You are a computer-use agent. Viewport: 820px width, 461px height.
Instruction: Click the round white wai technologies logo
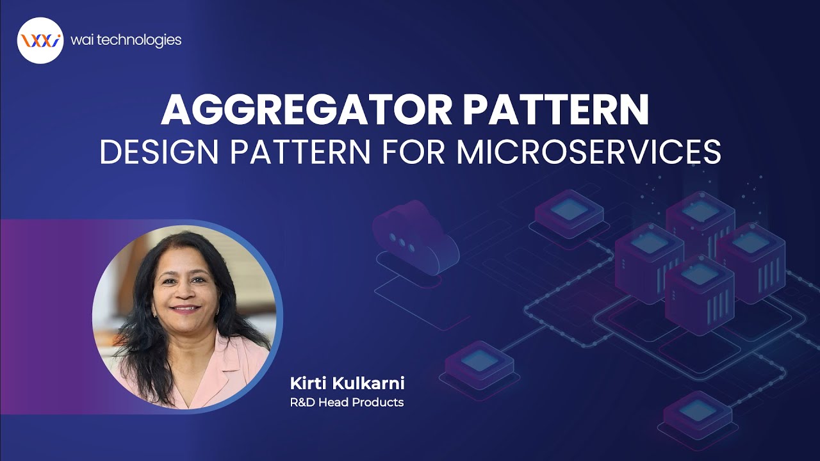coord(40,40)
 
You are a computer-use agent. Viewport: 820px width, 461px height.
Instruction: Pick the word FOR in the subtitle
coord(404,152)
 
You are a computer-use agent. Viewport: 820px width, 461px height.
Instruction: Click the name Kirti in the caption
coord(310,384)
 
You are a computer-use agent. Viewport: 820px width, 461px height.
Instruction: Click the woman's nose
coord(184,291)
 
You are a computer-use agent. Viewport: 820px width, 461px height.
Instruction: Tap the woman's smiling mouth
coord(186,309)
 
